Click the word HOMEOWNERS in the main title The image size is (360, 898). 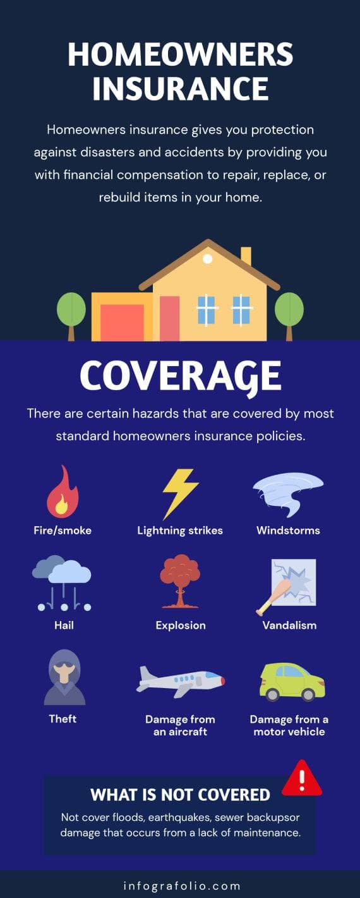pos(180,55)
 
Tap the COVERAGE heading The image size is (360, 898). pos(180,377)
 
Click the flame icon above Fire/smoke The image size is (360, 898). pos(62,493)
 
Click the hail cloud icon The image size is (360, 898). pos(63,582)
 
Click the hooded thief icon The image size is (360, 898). pos(64,677)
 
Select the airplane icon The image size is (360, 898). pos(181,681)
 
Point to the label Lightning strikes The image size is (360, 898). pos(180,531)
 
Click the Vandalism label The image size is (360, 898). pos(289,625)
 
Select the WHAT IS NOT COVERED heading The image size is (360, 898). pos(180,795)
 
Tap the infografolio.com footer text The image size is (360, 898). pos(180,885)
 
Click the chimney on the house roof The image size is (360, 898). pos(246,256)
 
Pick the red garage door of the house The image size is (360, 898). pos(122,323)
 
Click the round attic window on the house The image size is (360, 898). pos(207,259)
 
